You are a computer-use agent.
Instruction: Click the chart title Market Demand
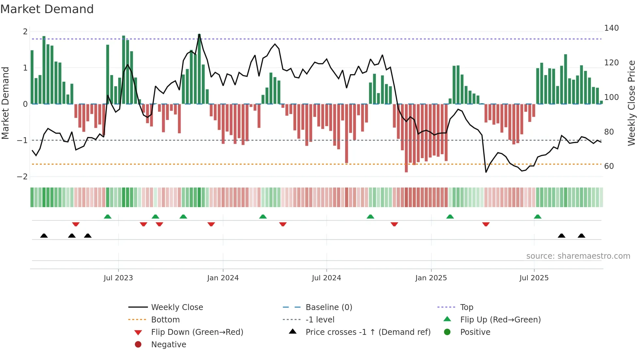[x=47, y=9]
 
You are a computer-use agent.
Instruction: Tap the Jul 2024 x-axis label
[x=326, y=278]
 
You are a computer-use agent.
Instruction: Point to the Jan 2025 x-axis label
[x=431, y=278]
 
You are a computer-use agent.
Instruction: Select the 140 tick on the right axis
[x=611, y=28]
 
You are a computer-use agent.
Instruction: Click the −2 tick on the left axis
[x=22, y=177]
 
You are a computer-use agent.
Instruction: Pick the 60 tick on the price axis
[x=609, y=166]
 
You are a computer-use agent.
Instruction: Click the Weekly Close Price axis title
[x=632, y=103]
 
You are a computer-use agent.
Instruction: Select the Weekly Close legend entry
[x=177, y=307]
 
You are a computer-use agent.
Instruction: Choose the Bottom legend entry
[x=165, y=320]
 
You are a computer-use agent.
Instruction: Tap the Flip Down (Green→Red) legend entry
[x=197, y=332]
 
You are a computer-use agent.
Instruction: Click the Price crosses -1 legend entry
[x=368, y=332]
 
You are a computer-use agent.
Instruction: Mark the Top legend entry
[x=467, y=307]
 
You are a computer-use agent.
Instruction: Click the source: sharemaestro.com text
[x=578, y=256]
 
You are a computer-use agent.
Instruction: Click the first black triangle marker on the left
[x=44, y=236]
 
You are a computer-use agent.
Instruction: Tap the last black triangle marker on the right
[x=581, y=236]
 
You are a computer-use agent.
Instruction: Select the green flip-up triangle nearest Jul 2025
[x=537, y=217]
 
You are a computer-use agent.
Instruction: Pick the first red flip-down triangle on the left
[x=76, y=224]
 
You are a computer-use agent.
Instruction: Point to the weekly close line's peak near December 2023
[x=199, y=34]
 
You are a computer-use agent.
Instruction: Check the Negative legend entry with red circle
[x=168, y=345]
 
